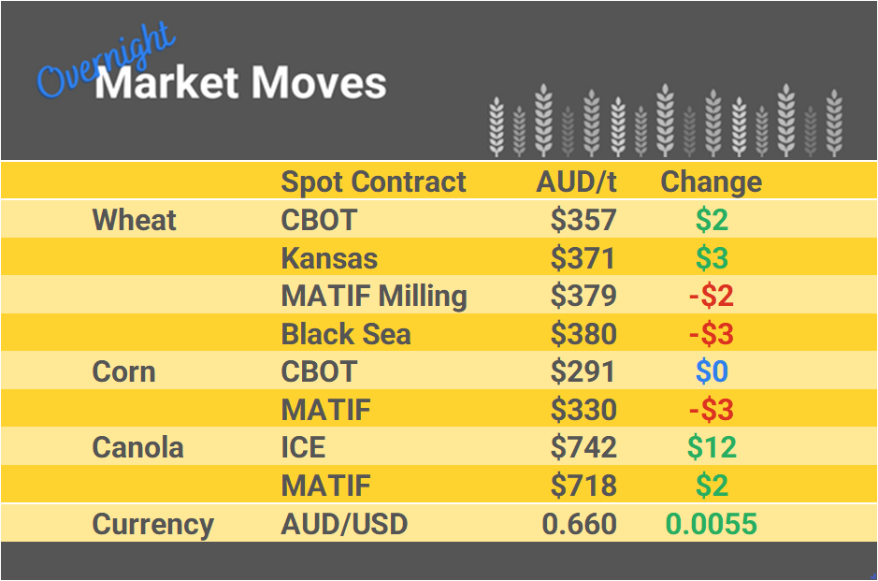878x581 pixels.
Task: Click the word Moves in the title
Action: pyautogui.click(x=318, y=83)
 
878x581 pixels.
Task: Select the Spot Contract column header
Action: pyautogui.click(x=373, y=182)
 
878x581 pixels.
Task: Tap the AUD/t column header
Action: pyautogui.click(x=576, y=182)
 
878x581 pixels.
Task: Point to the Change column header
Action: pyautogui.click(x=711, y=182)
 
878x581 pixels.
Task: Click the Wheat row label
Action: pyautogui.click(x=134, y=221)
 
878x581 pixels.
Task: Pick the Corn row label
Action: pyautogui.click(x=123, y=372)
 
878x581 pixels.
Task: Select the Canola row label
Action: pyautogui.click(x=137, y=448)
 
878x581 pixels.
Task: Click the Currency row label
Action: pyautogui.click(x=152, y=524)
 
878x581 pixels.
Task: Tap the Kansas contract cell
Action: pyautogui.click(x=329, y=258)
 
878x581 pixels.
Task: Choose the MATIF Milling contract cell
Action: pyautogui.click(x=374, y=297)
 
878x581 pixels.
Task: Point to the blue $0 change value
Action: pyautogui.click(x=711, y=372)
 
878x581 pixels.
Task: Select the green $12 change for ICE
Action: pyautogui.click(x=711, y=448)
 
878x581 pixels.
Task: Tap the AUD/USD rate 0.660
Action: pyautogui.click(x=579, y=524)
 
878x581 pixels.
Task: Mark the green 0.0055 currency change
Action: pyautogui.click(x=711, y=524)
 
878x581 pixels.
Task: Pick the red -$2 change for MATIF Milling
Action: pyautogui.click(x=711, y=297)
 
